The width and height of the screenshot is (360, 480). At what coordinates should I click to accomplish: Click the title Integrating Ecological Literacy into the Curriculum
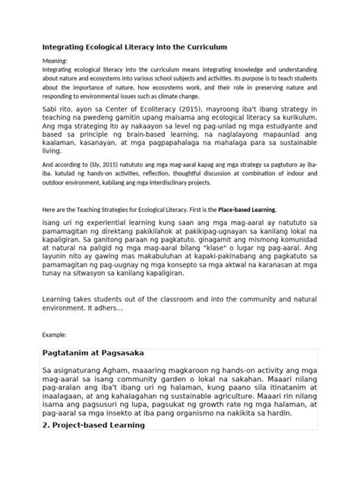point(134,47)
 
